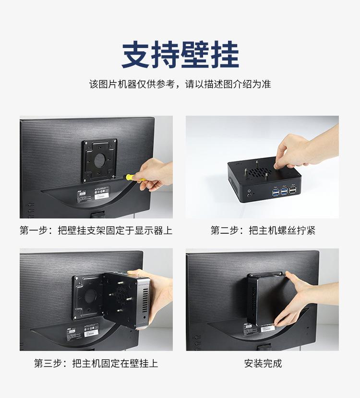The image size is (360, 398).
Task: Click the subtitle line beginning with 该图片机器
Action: (x=180, y=84)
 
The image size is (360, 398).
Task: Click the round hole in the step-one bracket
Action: (x=99, y=159)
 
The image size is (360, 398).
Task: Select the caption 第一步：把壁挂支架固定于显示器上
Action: (x=96, y=230)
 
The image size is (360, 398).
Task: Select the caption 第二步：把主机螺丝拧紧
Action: (x=263, y=230)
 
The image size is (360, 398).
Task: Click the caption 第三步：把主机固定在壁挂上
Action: (x=96, y=363)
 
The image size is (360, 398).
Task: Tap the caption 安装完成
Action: (x=263, y=363)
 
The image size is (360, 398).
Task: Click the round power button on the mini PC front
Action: (x=249, y=194)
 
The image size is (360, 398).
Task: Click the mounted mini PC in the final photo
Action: (x=266, y=298)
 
